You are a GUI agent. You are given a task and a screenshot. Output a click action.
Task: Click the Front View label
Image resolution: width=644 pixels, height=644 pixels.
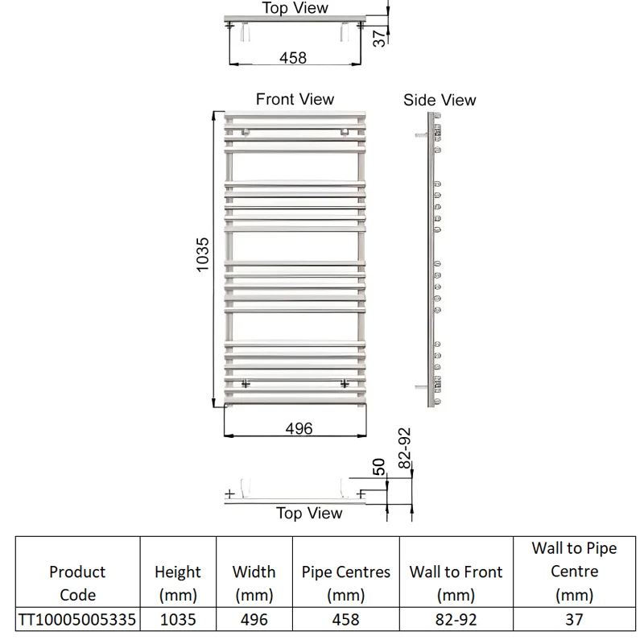pos(295,99)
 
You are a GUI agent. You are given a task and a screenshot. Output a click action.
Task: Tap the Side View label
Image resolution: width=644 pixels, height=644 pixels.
pos(440,100)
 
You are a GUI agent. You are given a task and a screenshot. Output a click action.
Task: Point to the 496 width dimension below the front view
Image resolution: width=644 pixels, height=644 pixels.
pos(299,429)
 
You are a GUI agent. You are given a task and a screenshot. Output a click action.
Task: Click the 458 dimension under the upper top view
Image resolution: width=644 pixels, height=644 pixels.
pos(292,58)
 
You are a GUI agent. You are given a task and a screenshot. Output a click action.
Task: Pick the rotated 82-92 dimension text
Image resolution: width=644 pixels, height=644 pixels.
pos(405,448)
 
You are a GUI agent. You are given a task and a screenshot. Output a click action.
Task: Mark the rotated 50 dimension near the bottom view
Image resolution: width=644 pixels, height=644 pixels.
pos(378,467)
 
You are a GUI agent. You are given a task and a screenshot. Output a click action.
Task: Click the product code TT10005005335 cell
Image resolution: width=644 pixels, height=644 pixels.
pos(77,620)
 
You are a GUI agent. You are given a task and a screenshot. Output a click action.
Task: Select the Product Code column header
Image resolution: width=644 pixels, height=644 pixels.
pos(77,583)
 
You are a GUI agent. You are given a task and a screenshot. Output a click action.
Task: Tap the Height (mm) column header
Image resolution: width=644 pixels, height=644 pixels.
pos(178,583)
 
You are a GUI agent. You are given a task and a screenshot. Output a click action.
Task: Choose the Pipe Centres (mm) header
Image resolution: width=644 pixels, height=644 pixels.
pos(346,583)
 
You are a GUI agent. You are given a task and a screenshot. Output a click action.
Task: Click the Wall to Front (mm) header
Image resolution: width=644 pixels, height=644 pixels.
pos(456,583)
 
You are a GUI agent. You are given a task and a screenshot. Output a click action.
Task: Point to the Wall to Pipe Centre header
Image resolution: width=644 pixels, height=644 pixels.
pos(574,572)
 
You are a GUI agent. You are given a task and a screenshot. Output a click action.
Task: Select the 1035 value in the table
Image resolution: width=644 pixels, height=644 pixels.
pos(178,620)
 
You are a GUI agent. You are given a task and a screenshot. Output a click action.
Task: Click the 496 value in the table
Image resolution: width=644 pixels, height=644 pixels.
pos(254,620)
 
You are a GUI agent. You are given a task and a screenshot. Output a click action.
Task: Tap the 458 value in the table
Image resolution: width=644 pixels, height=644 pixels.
pos(346,620)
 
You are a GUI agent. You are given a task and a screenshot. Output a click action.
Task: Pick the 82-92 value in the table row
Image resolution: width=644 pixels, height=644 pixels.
pos(456,620)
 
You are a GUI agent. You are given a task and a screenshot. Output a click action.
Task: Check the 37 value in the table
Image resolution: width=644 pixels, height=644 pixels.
pos(574,620)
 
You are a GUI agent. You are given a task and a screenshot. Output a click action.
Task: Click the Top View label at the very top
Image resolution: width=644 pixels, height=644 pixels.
pos(295,8)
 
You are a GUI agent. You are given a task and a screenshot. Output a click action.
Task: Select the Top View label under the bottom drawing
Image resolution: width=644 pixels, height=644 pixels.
pos(309,513)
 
